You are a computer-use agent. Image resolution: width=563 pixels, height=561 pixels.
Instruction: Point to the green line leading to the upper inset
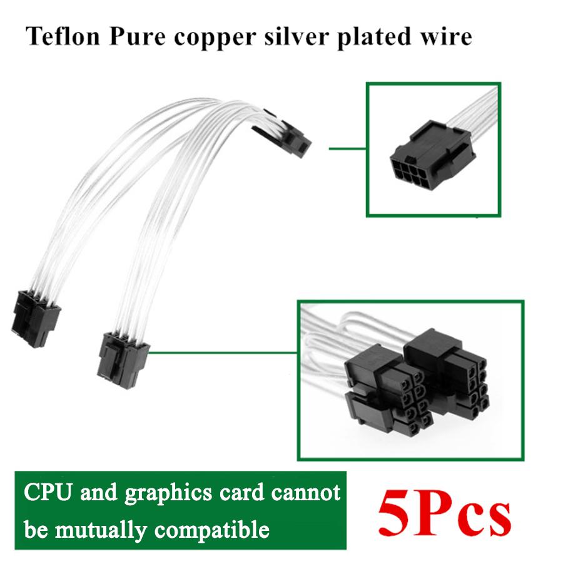(x=347, y=149)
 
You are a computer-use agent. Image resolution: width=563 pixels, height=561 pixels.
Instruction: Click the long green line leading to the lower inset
(x=222, y=352)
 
